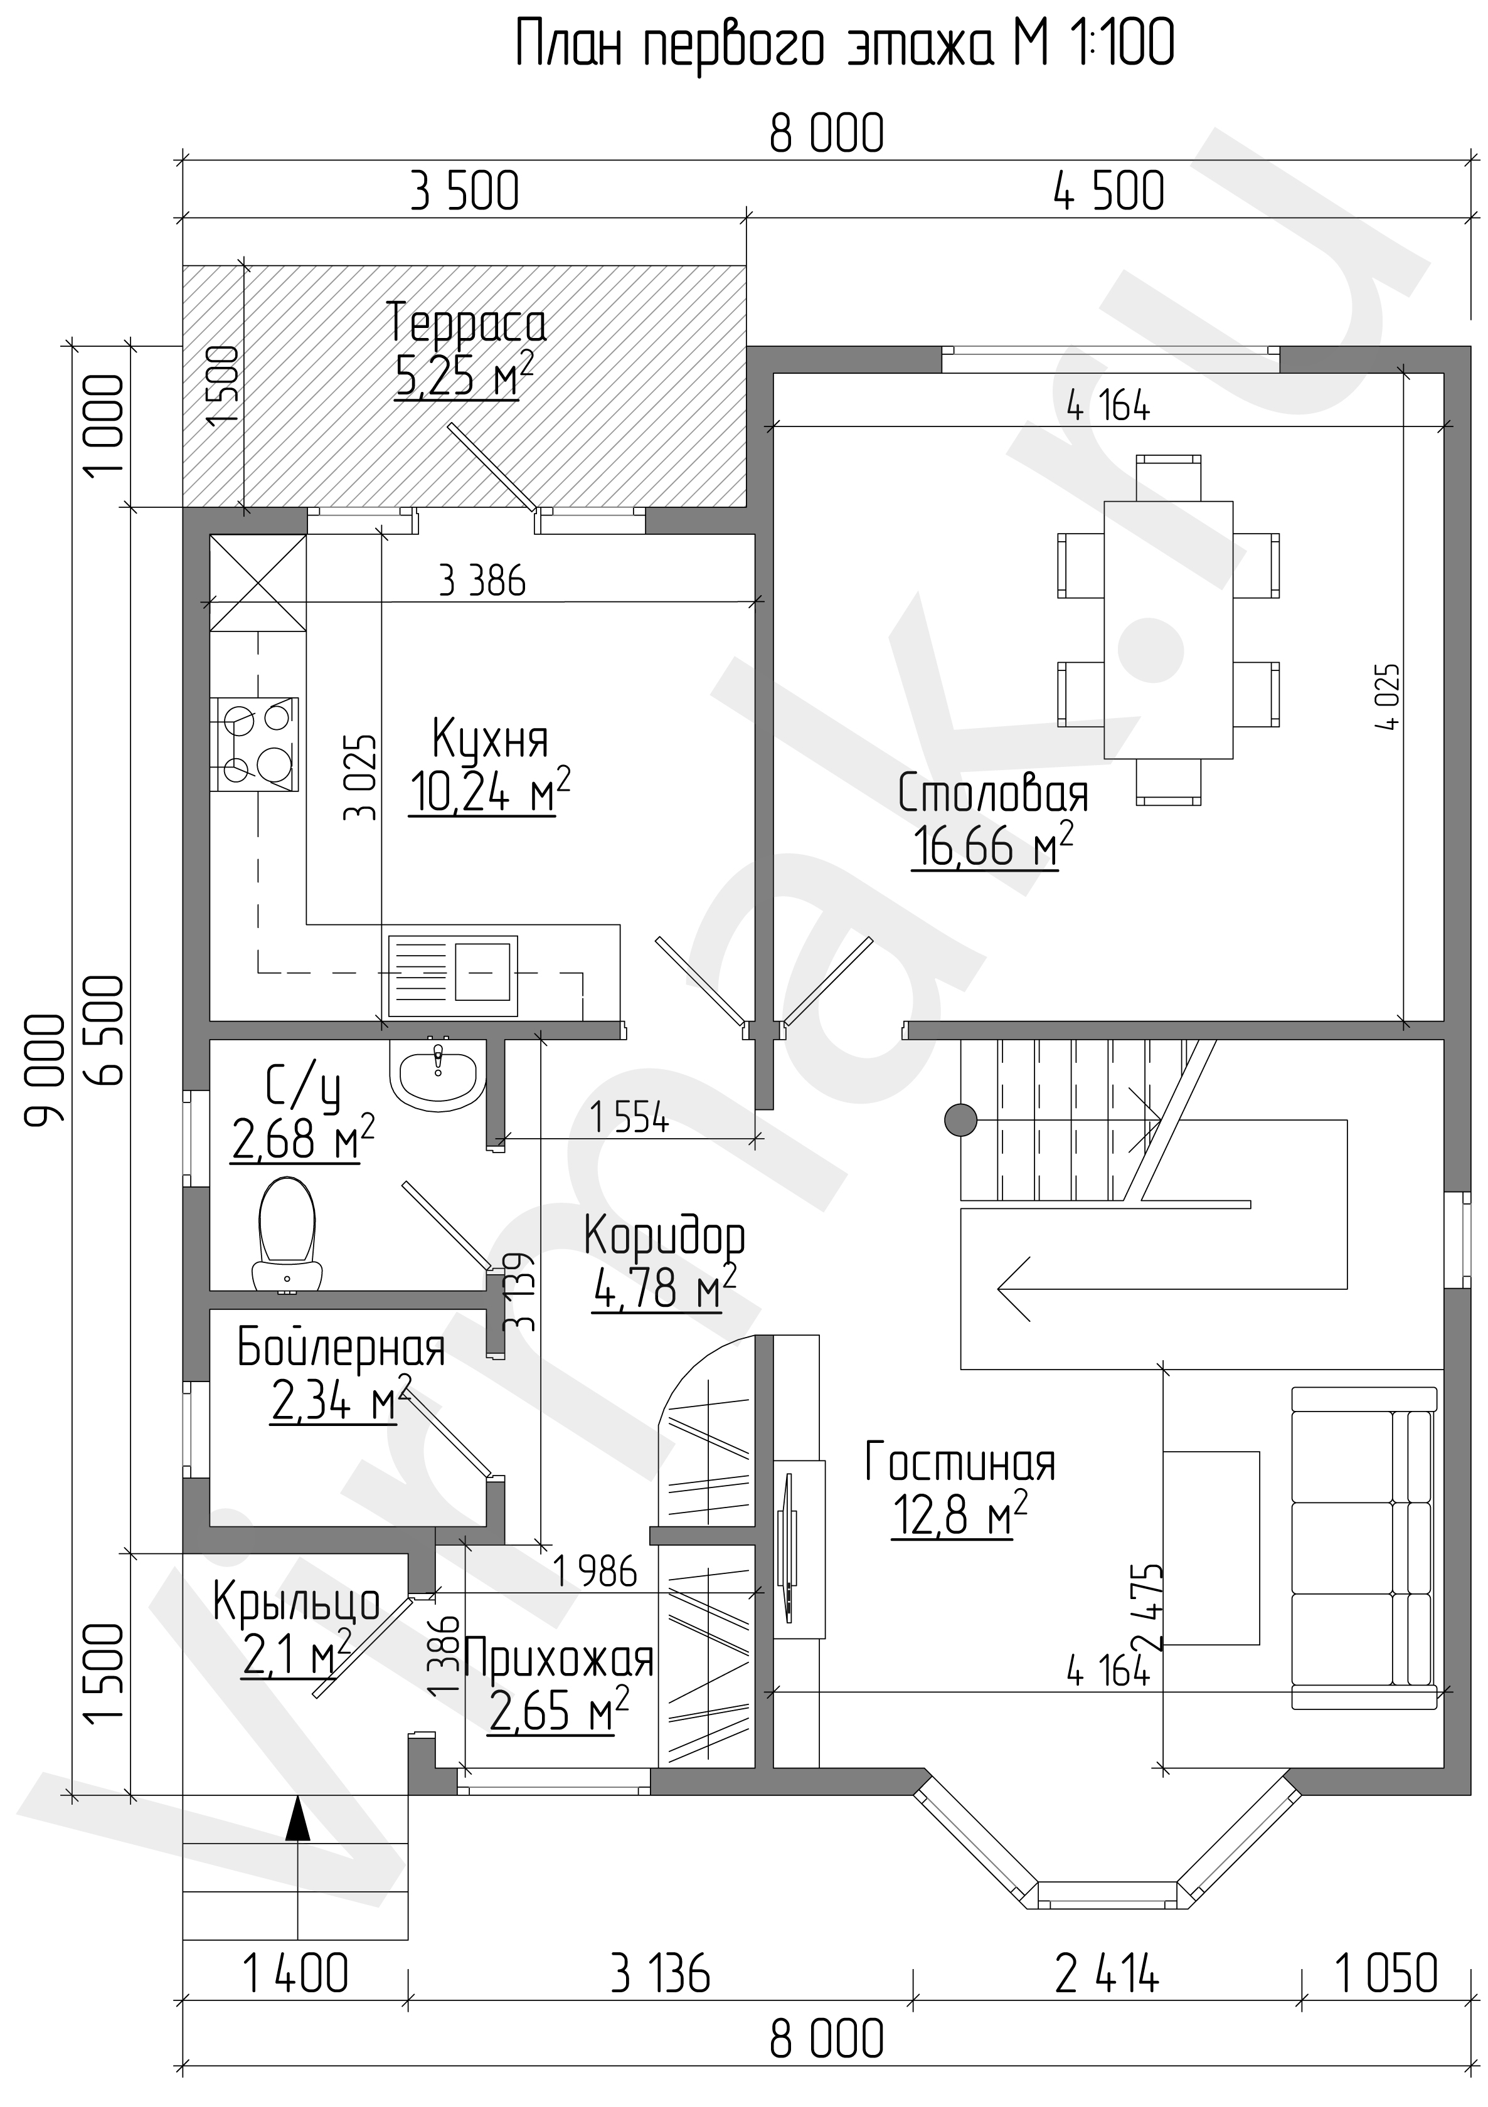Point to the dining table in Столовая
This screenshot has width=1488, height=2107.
[x=1167, y=630]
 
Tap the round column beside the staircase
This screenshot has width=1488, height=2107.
[x=961, y=1119]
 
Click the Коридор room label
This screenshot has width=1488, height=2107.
[x=664, y=1238]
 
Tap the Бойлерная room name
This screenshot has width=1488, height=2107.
[x=341, y=1348]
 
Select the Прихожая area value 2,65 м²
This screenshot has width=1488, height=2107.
[x=559, y=1709]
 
